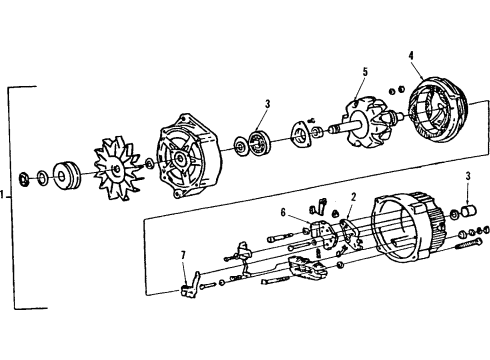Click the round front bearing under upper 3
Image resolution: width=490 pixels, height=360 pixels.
[262, 141]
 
